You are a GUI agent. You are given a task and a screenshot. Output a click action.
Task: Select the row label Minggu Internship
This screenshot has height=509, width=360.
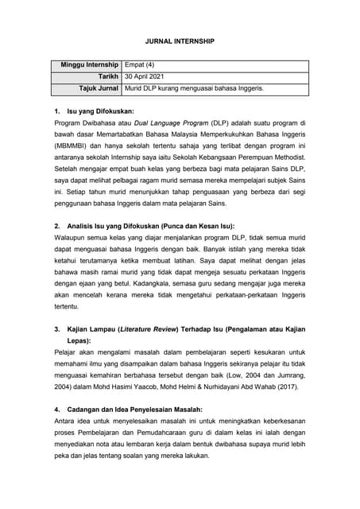[90, 64]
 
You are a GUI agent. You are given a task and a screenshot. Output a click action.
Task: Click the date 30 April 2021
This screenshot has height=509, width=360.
[150, 75]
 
